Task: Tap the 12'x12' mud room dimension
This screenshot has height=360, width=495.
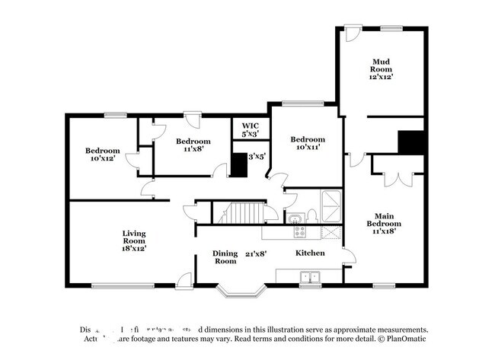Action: [382, 77]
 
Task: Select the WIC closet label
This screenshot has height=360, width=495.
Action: [251, 126]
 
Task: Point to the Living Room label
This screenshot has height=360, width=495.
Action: [134, 237]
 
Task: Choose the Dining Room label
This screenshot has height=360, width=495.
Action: [225, 257]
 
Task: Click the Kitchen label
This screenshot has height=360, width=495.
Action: [310, 253]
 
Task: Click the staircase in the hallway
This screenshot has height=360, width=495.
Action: [242, 212]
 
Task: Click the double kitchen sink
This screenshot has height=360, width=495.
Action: [309, 276]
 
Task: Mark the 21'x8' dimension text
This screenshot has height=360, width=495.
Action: [255, 253]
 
